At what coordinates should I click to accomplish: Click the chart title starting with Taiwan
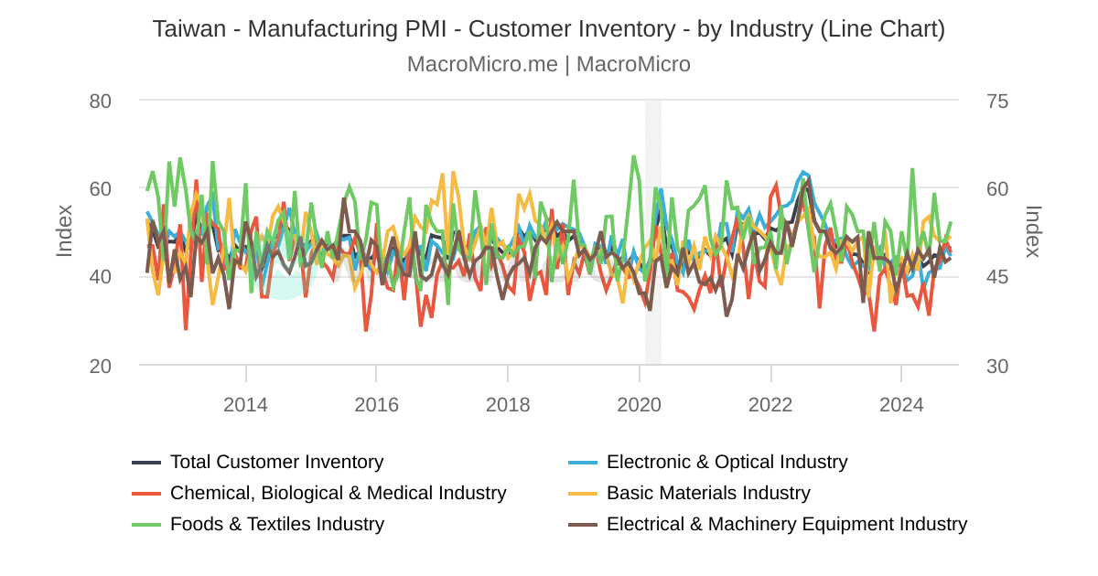point(548,28)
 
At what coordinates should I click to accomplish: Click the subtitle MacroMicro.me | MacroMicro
point(548,64)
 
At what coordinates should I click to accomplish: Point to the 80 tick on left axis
point(101,101)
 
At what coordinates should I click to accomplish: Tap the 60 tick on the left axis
point(101,189)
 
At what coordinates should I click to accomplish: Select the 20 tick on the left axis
point(101,366)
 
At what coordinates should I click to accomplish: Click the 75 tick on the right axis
point(997,101)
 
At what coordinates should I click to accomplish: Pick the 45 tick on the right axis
point(997,277)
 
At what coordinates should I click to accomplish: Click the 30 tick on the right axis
point(997,366)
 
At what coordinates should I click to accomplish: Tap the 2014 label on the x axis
point(245,404)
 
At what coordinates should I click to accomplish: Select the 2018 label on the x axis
point(508,404)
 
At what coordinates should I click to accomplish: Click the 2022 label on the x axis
point(770,404)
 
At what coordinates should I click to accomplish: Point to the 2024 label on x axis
point(901,404)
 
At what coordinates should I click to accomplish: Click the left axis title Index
point(64,230)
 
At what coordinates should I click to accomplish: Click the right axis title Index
point(1033,230)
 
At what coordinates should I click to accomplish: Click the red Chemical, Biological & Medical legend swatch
point(146,493)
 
